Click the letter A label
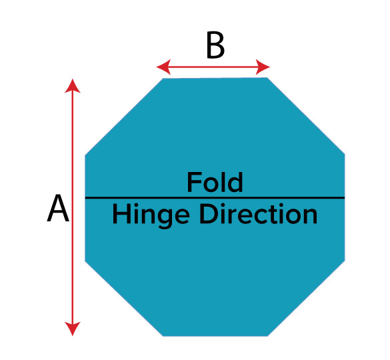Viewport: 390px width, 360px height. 58,208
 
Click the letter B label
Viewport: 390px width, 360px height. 215,46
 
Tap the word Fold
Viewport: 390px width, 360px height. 215,183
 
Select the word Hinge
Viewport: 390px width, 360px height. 151,215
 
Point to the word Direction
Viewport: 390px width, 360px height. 259,214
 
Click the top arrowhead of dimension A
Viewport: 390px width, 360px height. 73,86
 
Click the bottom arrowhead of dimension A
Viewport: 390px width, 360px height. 73,329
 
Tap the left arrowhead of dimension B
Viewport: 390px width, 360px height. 163,67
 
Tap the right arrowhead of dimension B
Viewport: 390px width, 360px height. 263,67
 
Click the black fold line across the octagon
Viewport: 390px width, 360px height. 215,198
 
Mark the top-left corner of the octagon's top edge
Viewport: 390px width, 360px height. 163,79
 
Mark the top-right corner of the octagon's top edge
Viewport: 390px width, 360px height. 267,77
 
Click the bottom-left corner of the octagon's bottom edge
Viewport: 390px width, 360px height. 163,336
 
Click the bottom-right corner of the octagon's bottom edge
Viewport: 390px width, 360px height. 267,336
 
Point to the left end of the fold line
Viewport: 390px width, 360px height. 85,198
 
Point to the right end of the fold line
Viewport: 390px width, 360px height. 345,198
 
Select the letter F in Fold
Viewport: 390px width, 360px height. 193,183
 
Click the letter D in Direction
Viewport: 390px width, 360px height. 209,214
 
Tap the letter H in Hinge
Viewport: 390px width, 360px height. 121,214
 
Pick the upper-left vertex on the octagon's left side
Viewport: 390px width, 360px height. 85,155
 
